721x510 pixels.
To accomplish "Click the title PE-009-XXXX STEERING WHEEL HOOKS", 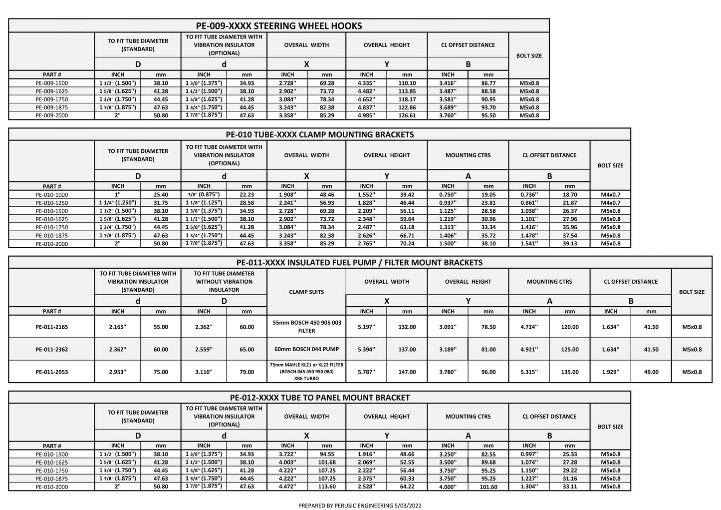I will click(279, 26).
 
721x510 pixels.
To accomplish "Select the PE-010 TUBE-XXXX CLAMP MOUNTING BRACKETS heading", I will click(319, 134).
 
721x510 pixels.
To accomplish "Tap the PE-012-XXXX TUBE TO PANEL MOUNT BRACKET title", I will click(319, 398).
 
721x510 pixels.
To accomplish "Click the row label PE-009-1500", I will click(52, 83).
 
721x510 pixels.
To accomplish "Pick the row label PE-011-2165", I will click(52, 327).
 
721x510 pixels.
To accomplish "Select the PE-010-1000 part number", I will click(52, 195).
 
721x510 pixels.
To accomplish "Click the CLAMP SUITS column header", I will click(306, 292).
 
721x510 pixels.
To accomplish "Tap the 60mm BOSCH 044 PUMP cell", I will click(306, 349).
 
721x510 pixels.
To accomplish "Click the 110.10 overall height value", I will click(407, 83).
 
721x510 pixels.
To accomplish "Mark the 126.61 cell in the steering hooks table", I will click(407, 115).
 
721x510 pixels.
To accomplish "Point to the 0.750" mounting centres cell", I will click(448, 195).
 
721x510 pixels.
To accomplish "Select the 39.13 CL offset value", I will click(570, 244).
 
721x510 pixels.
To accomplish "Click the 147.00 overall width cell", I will click(407, 372).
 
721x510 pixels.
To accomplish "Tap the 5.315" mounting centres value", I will click(529, 372).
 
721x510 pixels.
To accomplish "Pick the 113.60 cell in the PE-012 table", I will click(327, 487).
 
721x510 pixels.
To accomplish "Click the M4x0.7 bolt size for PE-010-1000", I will click(610, 195).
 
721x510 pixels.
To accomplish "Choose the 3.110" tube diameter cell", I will click(204, 372).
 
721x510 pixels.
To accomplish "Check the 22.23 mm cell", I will click(246, 195).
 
